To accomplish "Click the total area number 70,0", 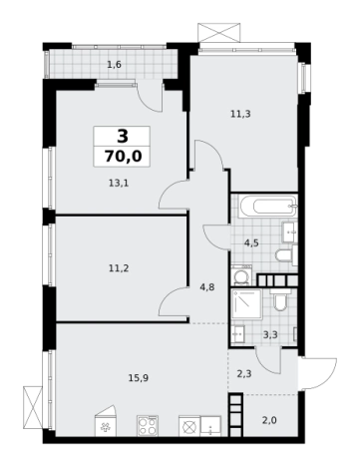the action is (x=123, y=156).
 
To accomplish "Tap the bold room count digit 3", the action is (x=123, y=137).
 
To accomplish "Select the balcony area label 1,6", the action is (x=114, y=65).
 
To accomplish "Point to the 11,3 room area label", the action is (x=240, y=114).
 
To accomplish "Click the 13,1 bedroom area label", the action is (x=119, y=183).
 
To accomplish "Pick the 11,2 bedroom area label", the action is (x=119, y=267).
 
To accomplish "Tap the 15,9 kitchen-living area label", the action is (x=139, y=378).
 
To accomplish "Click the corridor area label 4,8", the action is (x=207, y=287).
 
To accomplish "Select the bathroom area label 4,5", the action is (x=251, y=243).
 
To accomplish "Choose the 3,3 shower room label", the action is (x=270, y=335).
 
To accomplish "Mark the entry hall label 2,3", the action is (x=244, y=374).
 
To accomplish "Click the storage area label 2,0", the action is (x=269, y=420).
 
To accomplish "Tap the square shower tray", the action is (x=247, y=304).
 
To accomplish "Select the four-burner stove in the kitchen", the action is (x=148, y=425).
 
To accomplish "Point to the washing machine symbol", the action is (x=242, y=275).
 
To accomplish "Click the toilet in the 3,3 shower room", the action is (x=280, y=300).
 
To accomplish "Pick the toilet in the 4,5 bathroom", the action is (x=286, y=255).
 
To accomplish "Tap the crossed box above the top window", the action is (x=218, y=33).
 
